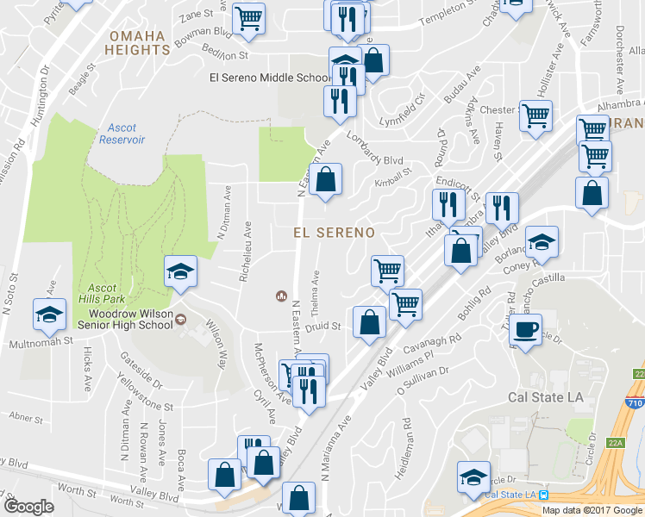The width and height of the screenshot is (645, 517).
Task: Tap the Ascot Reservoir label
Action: click(122, 134)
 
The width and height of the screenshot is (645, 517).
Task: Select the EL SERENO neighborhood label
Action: click(334, 233)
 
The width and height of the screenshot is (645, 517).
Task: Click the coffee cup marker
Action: click(526, 329)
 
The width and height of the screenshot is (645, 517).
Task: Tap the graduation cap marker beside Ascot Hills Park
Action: click(180, 271)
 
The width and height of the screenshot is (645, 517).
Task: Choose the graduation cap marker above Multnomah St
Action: click(49, 315)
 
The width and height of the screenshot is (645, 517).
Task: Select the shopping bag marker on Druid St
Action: click(369, 322)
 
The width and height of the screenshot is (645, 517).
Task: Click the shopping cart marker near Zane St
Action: click(249, 17)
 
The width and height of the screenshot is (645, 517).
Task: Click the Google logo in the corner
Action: click(28, 507)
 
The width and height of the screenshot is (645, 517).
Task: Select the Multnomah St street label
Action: click(39, 342)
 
